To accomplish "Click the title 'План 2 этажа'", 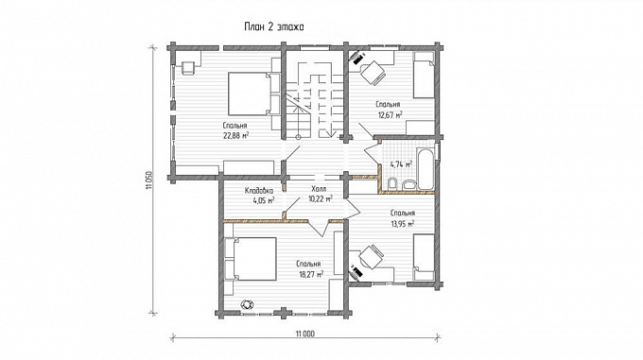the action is (274, 27).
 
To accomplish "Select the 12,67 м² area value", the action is (390, 114).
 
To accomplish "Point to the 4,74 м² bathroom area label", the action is (401, 164).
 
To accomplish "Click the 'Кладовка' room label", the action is (258, 191).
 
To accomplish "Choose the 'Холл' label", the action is (319, 189).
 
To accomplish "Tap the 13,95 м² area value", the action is (402, 223).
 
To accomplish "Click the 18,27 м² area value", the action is (310, 274).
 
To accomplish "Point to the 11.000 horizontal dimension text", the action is (305, 334).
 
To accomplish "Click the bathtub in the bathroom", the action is (426, 169).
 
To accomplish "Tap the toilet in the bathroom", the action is (392, 184).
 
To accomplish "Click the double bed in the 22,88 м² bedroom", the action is (250, 94).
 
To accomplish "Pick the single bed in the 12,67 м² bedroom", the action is (424, 75).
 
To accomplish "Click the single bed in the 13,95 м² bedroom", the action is (424, 257).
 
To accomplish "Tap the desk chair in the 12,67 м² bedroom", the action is (373, 74).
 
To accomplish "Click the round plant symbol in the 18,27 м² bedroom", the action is (247, 304).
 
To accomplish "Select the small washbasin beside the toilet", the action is (408, 185).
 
